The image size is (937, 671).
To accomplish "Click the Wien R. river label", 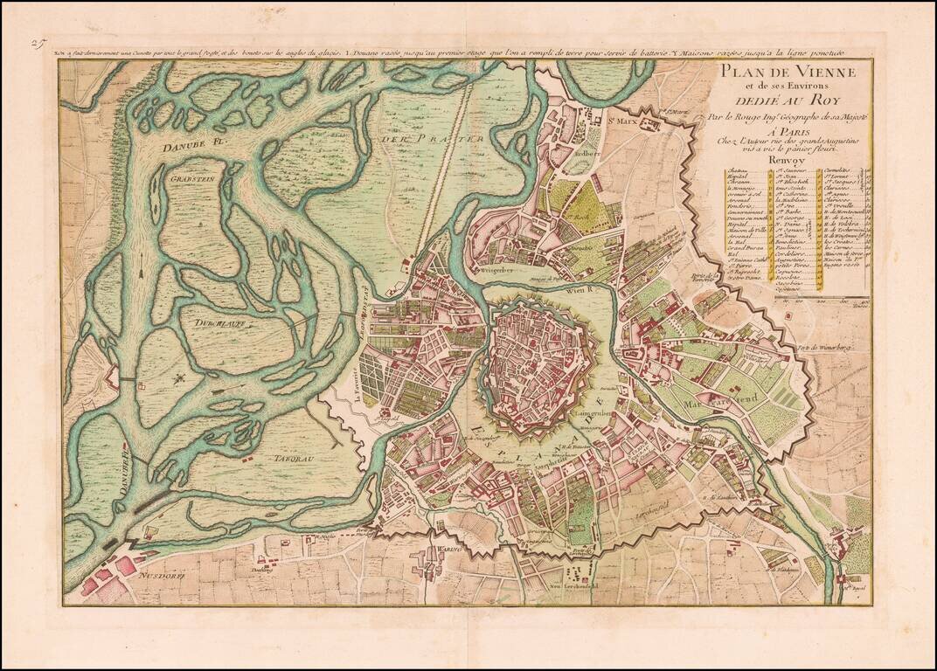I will [580, 289].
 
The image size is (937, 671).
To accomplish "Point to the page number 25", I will [37, 41].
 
